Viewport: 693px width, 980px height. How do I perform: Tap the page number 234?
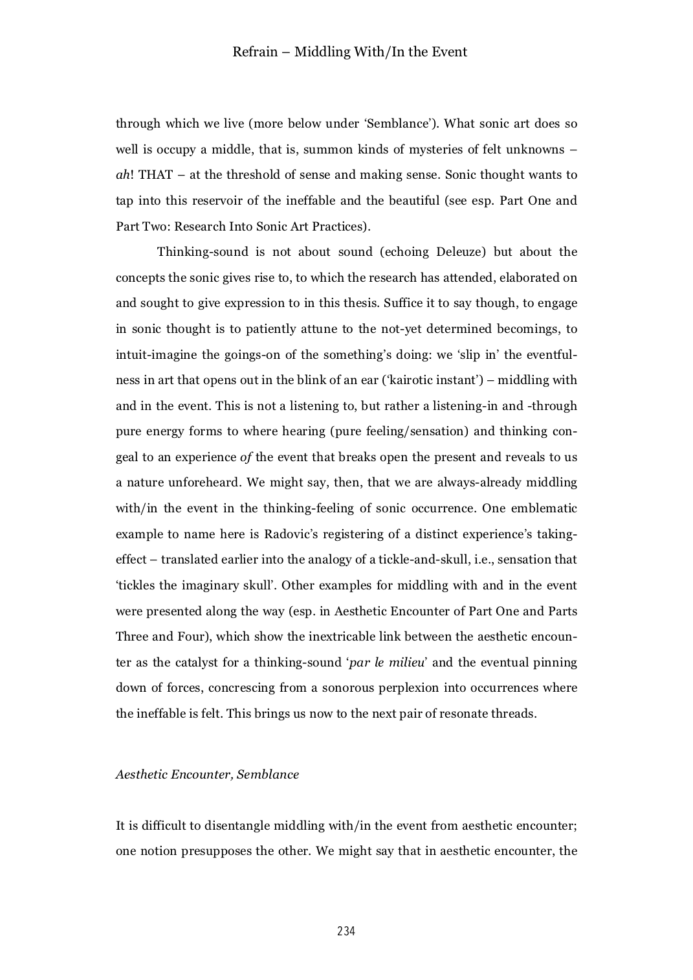click(346, 931)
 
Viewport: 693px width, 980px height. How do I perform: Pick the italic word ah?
click(122, 175)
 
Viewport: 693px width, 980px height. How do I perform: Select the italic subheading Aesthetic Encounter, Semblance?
click(207, 775)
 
